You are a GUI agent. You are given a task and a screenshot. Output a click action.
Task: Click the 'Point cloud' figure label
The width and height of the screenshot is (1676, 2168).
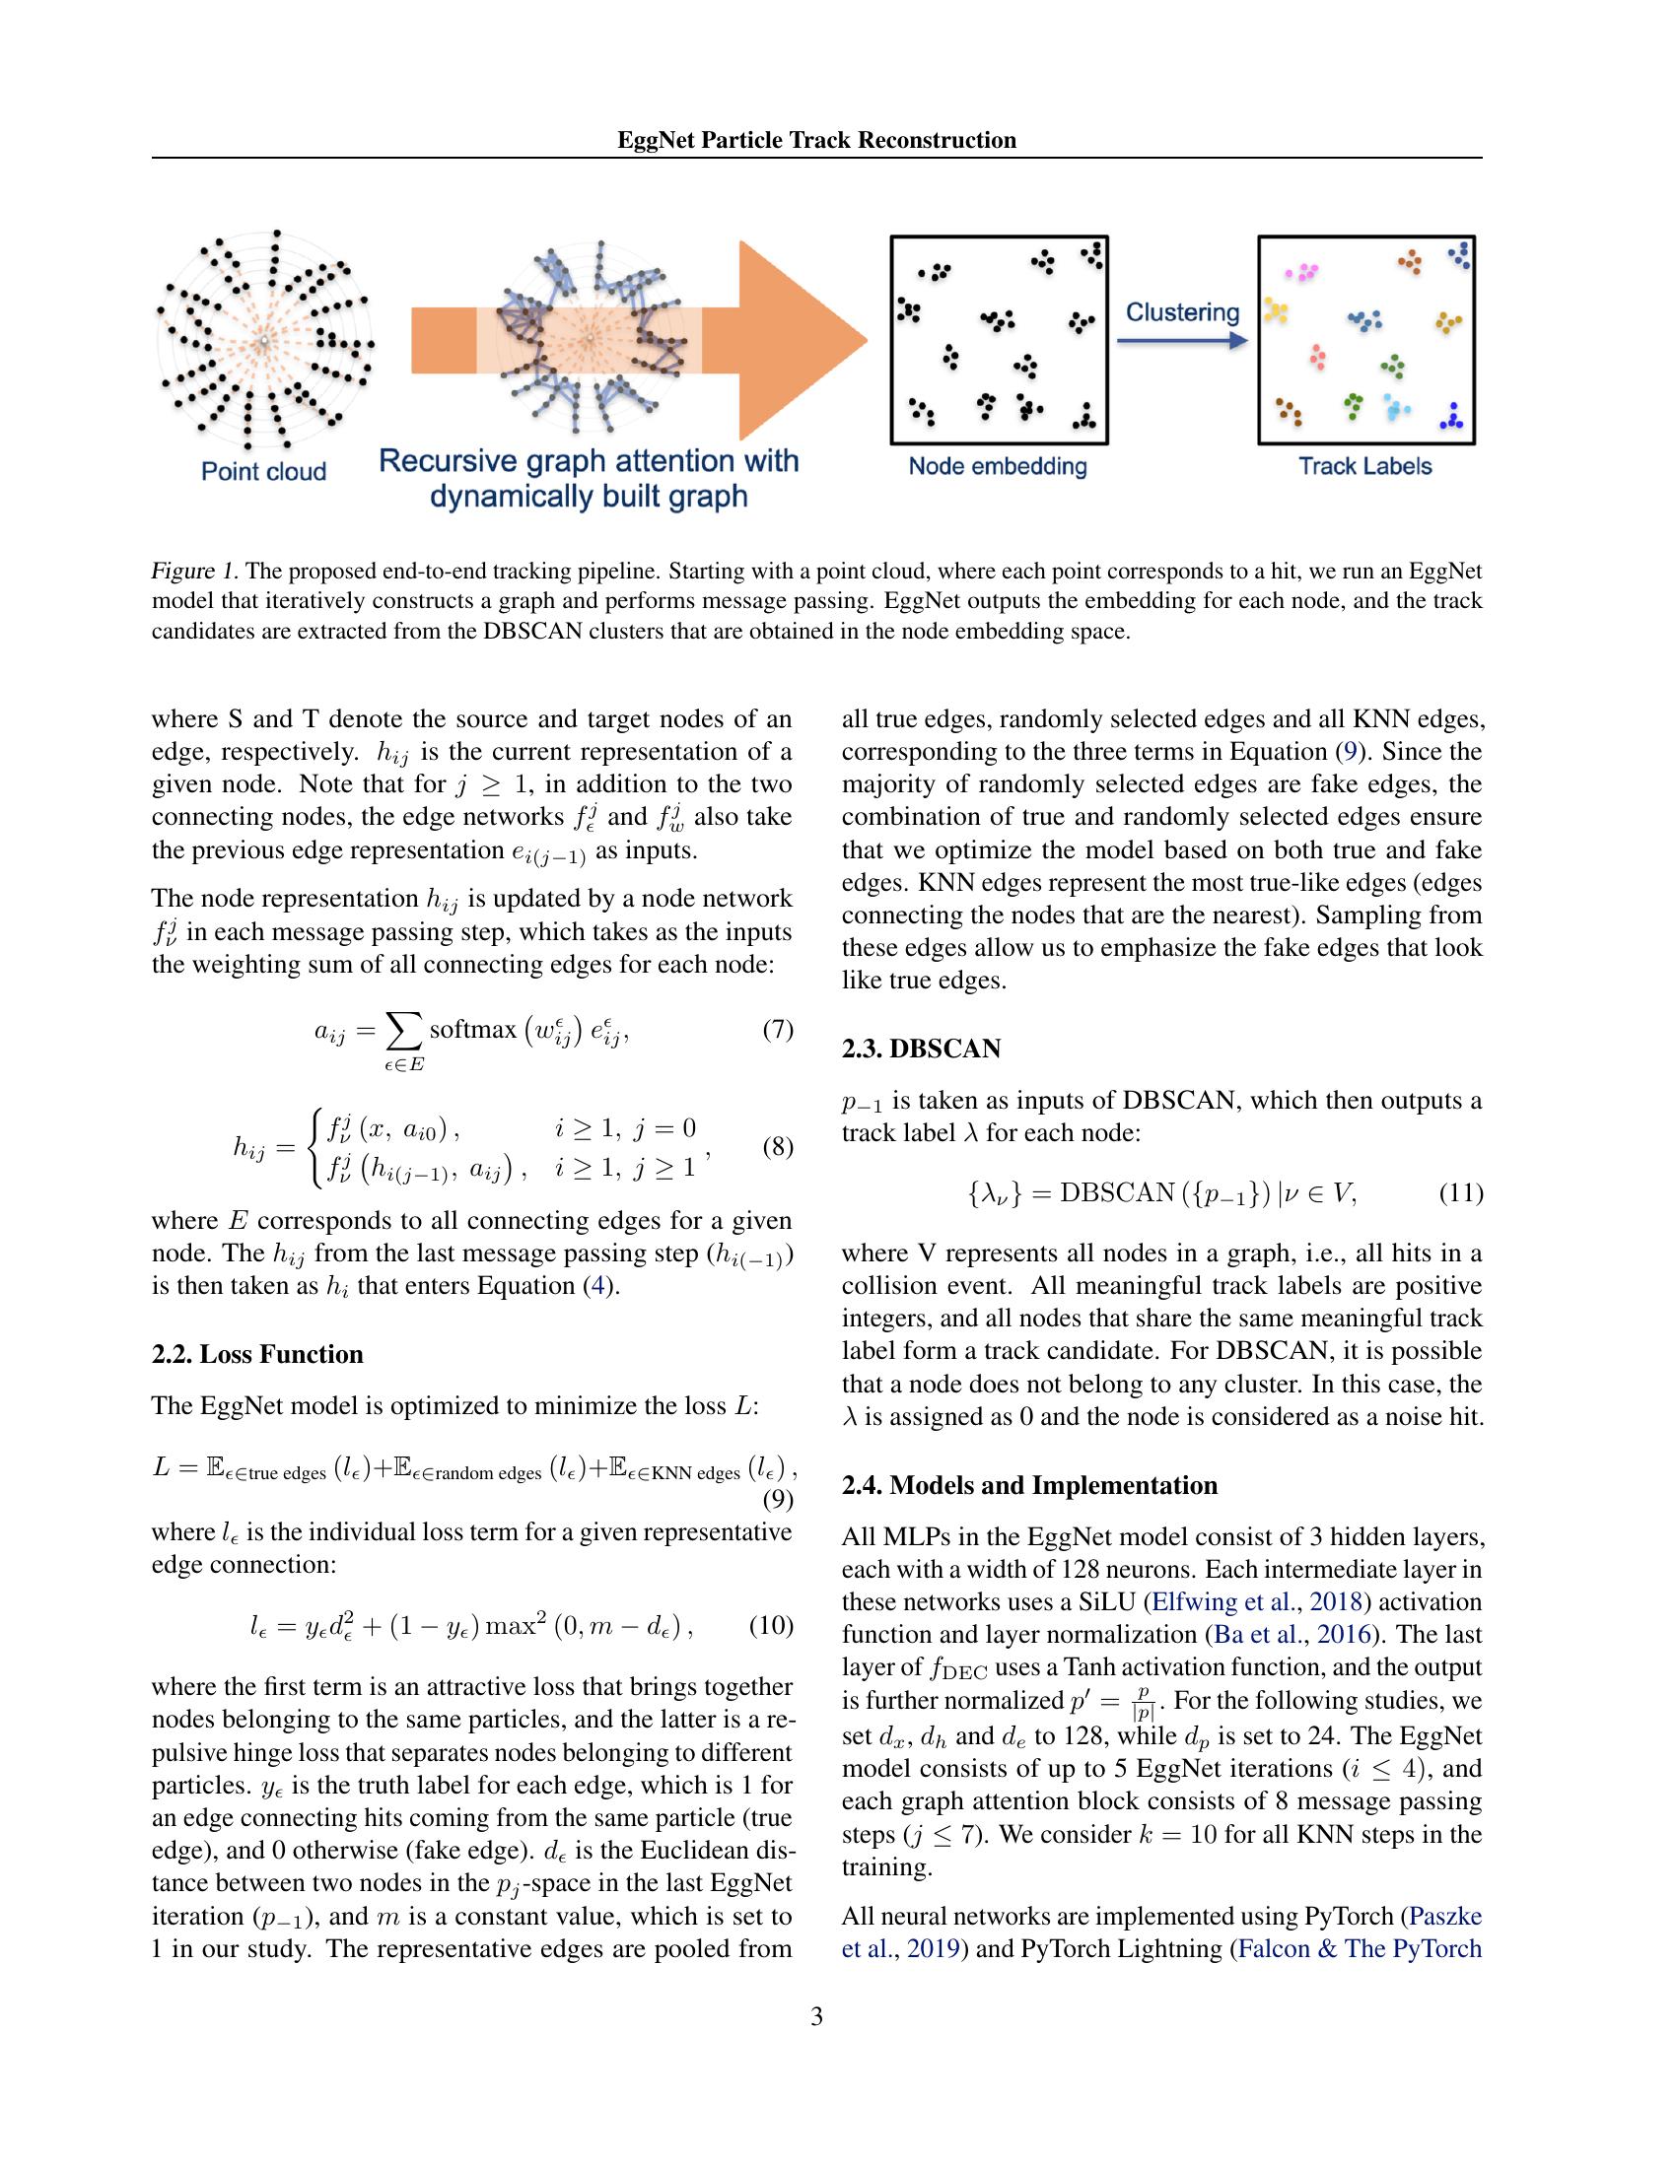(x=263, y=470)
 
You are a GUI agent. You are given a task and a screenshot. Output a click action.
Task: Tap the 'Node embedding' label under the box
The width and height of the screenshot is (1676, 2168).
(x=997, y=465)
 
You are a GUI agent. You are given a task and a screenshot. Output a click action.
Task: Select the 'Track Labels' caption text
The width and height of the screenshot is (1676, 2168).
(x=1364, y=465)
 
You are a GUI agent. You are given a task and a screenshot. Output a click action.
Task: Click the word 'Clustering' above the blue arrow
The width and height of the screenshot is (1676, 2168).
(x=1181, y=312)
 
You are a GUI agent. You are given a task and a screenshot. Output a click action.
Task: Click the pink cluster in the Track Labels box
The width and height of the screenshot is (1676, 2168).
(x=1301, y=271)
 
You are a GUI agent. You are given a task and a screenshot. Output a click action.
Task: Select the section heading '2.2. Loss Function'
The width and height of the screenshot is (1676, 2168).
(x=257, y=1354)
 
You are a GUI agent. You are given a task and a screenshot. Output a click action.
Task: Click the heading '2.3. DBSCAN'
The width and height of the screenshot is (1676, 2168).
(x=921, y=1049)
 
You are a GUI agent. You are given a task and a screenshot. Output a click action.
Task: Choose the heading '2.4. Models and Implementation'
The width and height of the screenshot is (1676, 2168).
(x=1028, y=1485)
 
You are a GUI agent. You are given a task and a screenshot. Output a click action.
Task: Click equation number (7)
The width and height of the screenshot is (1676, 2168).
(x=778, y=1030)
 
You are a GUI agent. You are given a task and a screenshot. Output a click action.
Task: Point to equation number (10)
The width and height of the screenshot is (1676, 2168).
(x=771, y=1625)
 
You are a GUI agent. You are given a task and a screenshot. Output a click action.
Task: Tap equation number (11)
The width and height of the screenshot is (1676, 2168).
(x=1460, y=1192)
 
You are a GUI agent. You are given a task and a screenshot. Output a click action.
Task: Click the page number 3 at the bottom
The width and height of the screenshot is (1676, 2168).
(x=816, y=2016)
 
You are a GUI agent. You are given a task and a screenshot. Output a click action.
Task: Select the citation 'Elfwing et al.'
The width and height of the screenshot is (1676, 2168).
(x=1224, y=1601)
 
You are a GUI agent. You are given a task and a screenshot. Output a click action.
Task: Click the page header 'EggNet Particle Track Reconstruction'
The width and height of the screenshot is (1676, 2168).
(x=816, y=140)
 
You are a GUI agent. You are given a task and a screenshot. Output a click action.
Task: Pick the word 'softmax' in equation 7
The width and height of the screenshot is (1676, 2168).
(x=472, y=1030)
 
